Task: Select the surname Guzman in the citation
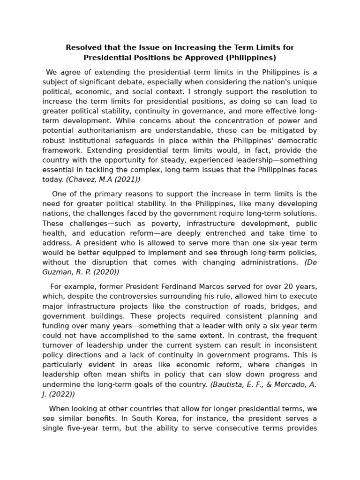point(58,272)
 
